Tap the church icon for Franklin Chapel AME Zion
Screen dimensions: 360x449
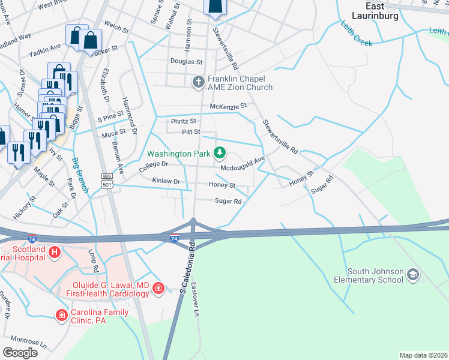coord(199,81)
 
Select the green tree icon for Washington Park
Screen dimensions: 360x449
coord(220,152)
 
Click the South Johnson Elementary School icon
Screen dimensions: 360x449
coord(412,275)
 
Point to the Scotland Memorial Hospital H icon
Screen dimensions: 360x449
coord(54,252)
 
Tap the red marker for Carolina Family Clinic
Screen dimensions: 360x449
coord(61,315)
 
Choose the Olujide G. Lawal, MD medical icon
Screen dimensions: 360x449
coord(158,289)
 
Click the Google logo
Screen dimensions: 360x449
coord(20,353)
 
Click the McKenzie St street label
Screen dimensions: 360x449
coord(228,106)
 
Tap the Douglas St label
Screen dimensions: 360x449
coord(186,62)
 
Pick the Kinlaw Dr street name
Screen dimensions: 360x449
coord(166,181)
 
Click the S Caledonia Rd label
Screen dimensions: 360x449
coord(187,267)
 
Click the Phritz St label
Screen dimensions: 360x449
coord(184,121)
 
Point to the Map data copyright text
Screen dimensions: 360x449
coord(423,355)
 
